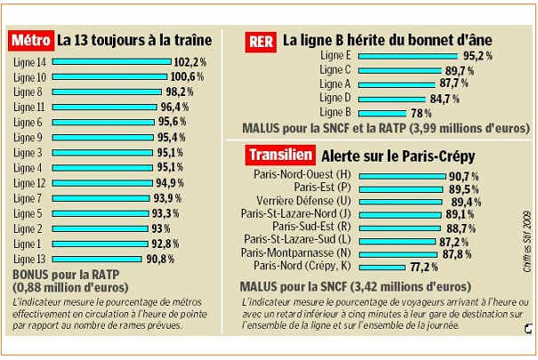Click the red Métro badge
pos(30,40)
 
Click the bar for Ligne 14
pos(112,62)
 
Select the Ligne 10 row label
pos(28,77)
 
